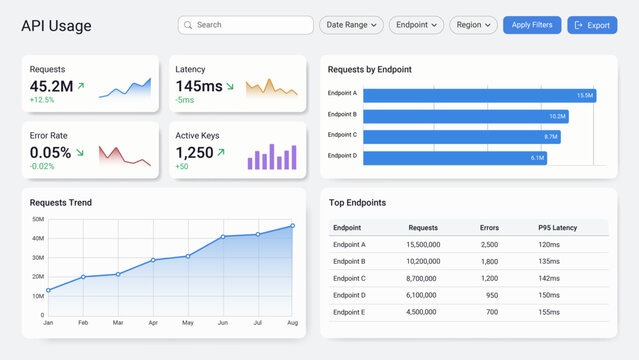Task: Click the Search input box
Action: pyautogui.click(x=246, y=25)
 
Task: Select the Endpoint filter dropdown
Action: pyautogui.click(x=416, y=25)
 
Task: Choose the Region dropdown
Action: pyautogui.click(x=473, y=25)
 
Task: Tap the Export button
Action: pyautogui.click(x=592, y=25)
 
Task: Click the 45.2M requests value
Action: pyautogui.click(x=51, y=86)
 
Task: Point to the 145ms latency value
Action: pyautogui.click(x=199, y=86)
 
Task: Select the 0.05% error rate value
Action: pyautogui.click(x=50, y=153)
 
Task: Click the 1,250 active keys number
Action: pyautogui.click(x=194, y=153)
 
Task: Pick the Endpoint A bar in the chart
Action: pyautogui.click(x=479, y=95)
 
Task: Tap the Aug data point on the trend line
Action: pyautogui.click(x=292, y=226)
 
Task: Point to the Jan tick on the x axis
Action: pyautogui.click(x=48, y=323)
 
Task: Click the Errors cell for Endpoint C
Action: pyautogui.click(x=489, y=278)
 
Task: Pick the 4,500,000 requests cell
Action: pyautogui.click(x=422, y=311)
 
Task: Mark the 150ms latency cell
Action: pyautogui.click(x=549, y=295)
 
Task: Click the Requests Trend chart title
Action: pyautogui.click(x=61, y=202)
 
